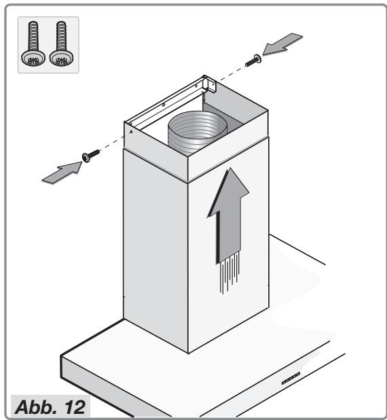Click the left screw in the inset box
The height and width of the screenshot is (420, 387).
33,43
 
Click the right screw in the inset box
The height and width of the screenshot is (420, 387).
62,43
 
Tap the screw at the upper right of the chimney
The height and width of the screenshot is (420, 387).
253,60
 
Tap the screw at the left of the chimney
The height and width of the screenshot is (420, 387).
91,156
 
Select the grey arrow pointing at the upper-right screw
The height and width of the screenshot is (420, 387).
282,44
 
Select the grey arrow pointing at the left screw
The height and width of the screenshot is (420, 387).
62,173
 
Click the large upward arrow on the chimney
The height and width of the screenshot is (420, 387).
229,214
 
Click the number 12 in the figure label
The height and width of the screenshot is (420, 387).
75,407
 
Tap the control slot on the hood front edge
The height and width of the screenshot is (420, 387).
291,378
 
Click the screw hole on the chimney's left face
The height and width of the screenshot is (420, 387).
131,132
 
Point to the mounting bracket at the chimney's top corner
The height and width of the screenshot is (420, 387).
209,84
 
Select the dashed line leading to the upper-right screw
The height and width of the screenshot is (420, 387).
233,73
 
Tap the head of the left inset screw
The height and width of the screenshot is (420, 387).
33,58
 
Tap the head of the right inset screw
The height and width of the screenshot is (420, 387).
62,58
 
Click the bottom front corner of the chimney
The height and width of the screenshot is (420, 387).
189,353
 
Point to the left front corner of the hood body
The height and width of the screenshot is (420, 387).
61,356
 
